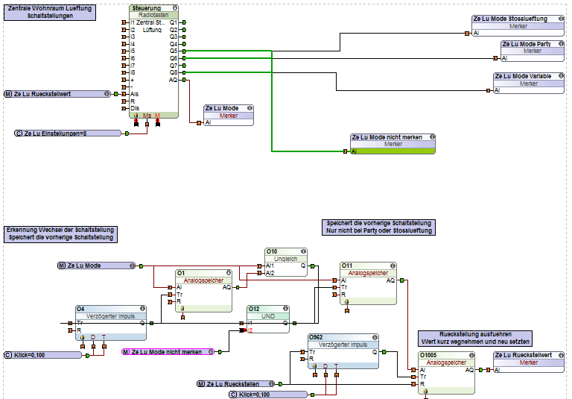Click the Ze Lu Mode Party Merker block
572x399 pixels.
[532, 51]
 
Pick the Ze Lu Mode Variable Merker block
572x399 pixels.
[528, 83]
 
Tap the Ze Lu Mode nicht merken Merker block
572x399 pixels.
[392, 144]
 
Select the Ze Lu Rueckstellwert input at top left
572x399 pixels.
[57, 94]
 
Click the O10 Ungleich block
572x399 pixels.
[286, 258]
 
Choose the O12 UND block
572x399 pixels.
[269, 316]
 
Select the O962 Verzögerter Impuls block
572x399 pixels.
[343, 352]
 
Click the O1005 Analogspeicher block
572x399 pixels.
[446, 369]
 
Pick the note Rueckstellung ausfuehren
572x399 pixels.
[474, 337]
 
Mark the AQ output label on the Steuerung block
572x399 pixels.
[173, 80]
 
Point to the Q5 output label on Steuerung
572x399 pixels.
[173, 51]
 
